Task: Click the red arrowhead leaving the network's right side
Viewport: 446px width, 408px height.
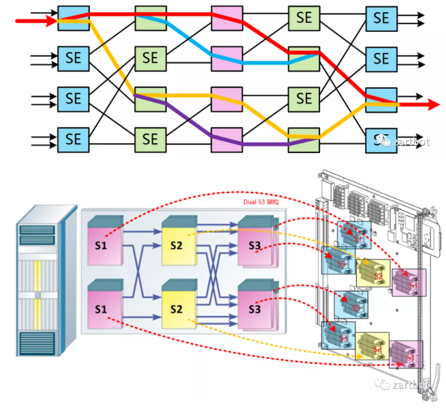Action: (434, 105)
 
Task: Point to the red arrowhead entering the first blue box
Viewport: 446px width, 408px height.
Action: (51, 22)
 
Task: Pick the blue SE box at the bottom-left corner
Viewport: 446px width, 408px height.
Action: (73, 139)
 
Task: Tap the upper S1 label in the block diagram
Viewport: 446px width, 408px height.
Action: (100, 245)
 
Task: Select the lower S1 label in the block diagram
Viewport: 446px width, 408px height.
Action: (100, 308)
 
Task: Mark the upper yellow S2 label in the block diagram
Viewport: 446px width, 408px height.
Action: (176, 245)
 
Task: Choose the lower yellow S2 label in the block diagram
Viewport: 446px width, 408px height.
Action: (176, 308)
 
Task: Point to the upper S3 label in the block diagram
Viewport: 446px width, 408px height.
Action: (255, 245)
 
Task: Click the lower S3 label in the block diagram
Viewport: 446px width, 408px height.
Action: (255, 308)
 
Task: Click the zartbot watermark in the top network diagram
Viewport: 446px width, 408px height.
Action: (404, 142)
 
